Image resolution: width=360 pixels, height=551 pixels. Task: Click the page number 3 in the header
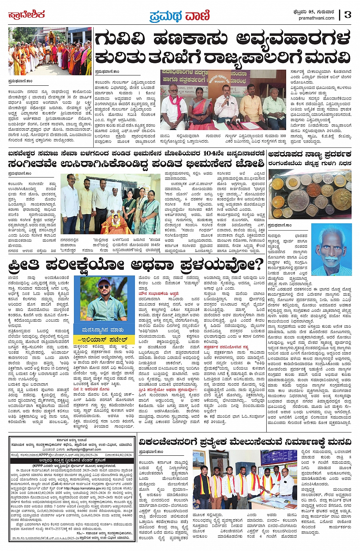347,15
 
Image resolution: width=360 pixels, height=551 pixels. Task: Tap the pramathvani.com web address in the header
317,18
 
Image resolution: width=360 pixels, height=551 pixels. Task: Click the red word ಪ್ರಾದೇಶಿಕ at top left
27,15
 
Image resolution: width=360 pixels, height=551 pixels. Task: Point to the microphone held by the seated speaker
228,99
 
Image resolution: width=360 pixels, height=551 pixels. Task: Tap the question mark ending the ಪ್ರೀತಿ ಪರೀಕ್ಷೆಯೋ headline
259,264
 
